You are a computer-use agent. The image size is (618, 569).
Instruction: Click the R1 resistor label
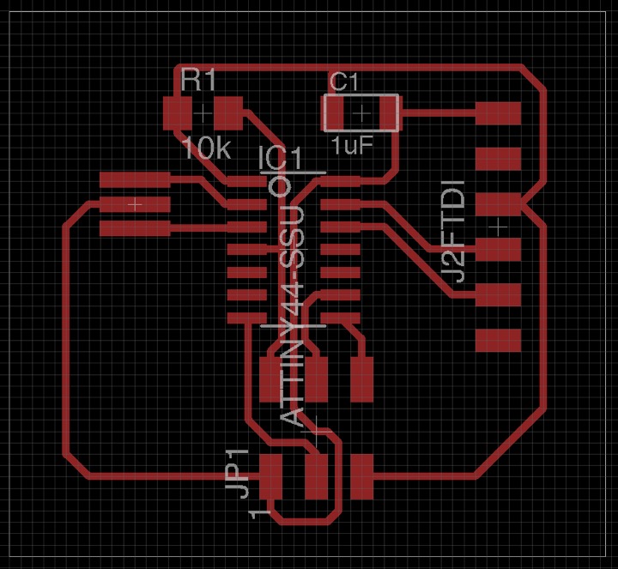[199, 82]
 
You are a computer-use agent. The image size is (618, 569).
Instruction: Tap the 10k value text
[206, 148]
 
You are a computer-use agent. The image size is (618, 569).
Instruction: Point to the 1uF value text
[352, 145]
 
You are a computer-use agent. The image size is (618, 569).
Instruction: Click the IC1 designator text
[281, 159]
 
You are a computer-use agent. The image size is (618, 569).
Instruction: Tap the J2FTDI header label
[454, 230]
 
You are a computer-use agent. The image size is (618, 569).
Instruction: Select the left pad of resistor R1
[177, 112]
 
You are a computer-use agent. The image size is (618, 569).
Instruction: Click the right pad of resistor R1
[229, 112]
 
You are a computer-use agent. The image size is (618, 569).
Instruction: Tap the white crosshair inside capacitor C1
[362, 112]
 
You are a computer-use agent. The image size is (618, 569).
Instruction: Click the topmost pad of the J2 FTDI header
[499, 113]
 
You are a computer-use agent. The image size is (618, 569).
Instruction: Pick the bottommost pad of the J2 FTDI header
[499, 340]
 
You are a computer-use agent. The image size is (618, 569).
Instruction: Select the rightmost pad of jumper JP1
[361, 476]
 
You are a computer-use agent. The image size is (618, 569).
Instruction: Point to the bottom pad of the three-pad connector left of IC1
[136, 228]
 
